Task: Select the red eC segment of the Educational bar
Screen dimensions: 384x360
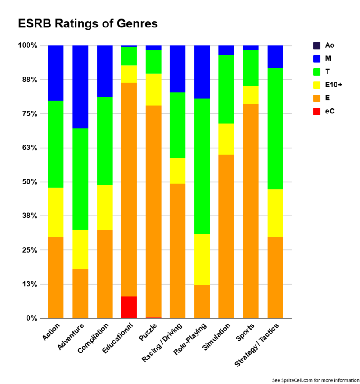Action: [129, 307]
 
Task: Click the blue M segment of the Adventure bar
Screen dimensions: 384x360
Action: [80, 87]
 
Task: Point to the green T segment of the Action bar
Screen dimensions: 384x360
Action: [56, 144]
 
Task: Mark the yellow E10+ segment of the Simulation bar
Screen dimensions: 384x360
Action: [226, 139]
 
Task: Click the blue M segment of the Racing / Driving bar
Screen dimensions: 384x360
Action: [177, 69]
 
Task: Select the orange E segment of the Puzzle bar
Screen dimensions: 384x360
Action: [153, 212]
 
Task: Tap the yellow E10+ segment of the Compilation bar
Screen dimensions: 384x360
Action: [105, 208]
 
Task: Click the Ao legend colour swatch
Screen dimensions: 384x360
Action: [317, 45]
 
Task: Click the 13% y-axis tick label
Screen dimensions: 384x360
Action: [31, 284]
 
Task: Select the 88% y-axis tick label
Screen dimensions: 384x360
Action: [31, 80]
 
